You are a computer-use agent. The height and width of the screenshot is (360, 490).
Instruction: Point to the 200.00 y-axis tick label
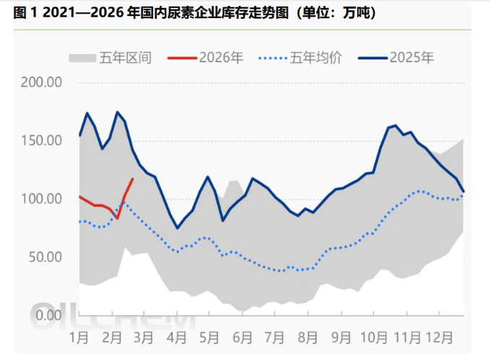(41, 82)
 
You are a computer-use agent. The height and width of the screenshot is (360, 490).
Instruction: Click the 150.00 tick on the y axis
(41, 140)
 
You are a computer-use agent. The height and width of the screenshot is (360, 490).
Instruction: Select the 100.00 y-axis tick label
(41, 199)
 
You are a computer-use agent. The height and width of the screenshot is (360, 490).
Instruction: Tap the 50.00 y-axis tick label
(44, 257)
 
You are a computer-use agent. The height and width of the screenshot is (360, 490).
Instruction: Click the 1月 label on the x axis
(79, 337)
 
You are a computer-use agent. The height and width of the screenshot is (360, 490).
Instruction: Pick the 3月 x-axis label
(144, 337)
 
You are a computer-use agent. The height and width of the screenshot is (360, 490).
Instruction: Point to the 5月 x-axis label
(209, 337)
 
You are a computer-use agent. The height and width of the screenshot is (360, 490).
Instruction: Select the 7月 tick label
(275, 337)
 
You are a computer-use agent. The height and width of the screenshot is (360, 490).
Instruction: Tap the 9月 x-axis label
(341, 337)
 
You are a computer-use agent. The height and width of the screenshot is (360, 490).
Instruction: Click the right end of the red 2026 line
(132, 179)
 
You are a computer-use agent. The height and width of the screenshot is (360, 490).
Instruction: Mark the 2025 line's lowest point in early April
(177, 228)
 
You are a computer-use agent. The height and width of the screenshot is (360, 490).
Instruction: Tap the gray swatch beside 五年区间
(82, 57)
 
